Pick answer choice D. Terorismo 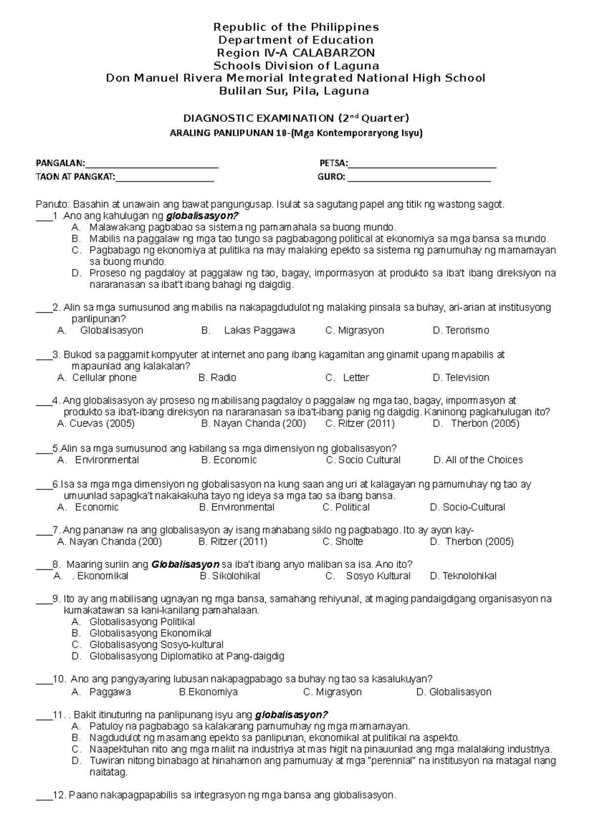[x=461, y=330]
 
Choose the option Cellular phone [x=104, y=378]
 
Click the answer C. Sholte [x=342, y=542]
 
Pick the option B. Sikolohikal [x=230, y=576]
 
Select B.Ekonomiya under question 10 [x=208, y=692]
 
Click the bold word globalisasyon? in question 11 [x=291, y=715]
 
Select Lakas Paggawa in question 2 [x=259, y=330]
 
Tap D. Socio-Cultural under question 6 [x=467, y=507]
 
